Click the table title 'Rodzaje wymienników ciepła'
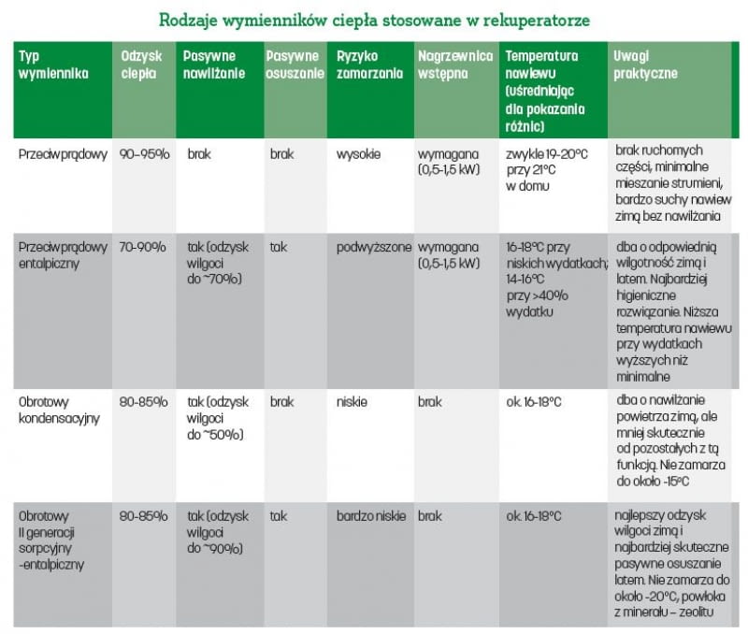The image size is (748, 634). (x=374, y=19)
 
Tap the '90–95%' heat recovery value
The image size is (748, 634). (x=144, y=153)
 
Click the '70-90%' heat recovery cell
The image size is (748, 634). (x=143, y=248)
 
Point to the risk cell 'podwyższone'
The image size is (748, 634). (x=373, y=248)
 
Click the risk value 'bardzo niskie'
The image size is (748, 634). (x=370, y=515)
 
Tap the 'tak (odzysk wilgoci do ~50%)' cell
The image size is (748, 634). (x=217, y=418)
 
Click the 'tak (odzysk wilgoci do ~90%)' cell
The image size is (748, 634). (x=217, y=531)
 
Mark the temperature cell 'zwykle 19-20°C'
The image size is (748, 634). (x=545, y=153)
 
